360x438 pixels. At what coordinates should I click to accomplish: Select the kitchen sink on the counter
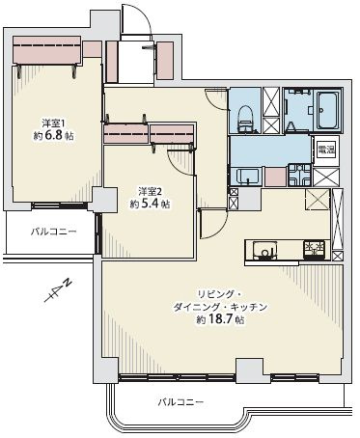click(x=262, y=251)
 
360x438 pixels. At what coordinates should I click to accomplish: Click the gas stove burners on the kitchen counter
click(x=314, y=249)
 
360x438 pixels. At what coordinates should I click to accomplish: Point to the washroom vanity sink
click(x=248, y=176)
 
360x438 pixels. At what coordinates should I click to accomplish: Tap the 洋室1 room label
click(x=52, y=123)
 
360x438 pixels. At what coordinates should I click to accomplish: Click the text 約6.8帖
click(x=52, y=136)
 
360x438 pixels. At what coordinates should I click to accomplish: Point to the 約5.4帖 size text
click(x=149, y=205)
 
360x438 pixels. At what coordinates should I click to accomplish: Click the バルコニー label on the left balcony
click(x=52, y=232)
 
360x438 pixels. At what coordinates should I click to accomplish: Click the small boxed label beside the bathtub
click(x=326, y=148)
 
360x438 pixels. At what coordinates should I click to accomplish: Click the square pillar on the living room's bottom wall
click(x=247, y=370)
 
